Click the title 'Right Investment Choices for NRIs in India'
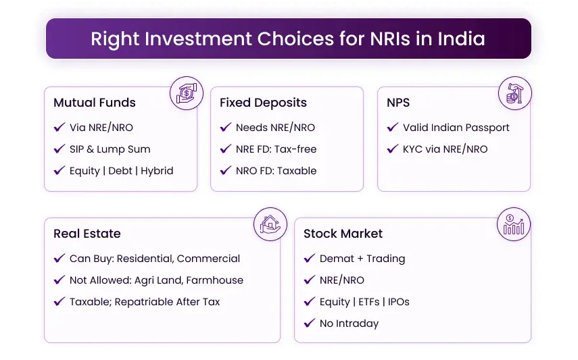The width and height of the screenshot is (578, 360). click(x=288, y=38)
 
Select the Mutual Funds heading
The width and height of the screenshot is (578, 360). click(x=95, y=103)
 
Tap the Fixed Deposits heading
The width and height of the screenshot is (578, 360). click(x=263, y=103)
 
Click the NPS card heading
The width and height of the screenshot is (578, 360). click(x=398, y=103)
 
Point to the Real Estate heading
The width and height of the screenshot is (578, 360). click(x=87, y=234)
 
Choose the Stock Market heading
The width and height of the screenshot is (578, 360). click(x=343, y=234)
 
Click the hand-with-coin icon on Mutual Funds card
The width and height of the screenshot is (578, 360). click(x=185, y=93)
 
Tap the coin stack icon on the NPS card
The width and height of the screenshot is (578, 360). click(x=514, y=93)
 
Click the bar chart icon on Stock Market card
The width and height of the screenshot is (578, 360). click(x=514, y=224)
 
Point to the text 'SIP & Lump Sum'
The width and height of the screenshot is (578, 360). click(x=110, y=149)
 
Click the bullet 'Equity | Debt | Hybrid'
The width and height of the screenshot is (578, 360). click(x=121, y=171)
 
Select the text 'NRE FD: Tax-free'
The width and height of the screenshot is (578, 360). click(x=276, y=149)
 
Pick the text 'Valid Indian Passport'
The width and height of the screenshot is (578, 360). click(x=456, y=128)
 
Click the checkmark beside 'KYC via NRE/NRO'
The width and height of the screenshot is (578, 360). click(x=392, y=149)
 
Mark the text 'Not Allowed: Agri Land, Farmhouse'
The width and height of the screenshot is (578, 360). click(x=156, y=280)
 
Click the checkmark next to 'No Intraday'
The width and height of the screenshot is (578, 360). click(x=309, y=324)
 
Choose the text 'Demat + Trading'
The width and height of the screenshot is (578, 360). click(x=362, y=259)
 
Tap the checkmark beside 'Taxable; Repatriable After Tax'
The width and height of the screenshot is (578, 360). click(x=59, y=302)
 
